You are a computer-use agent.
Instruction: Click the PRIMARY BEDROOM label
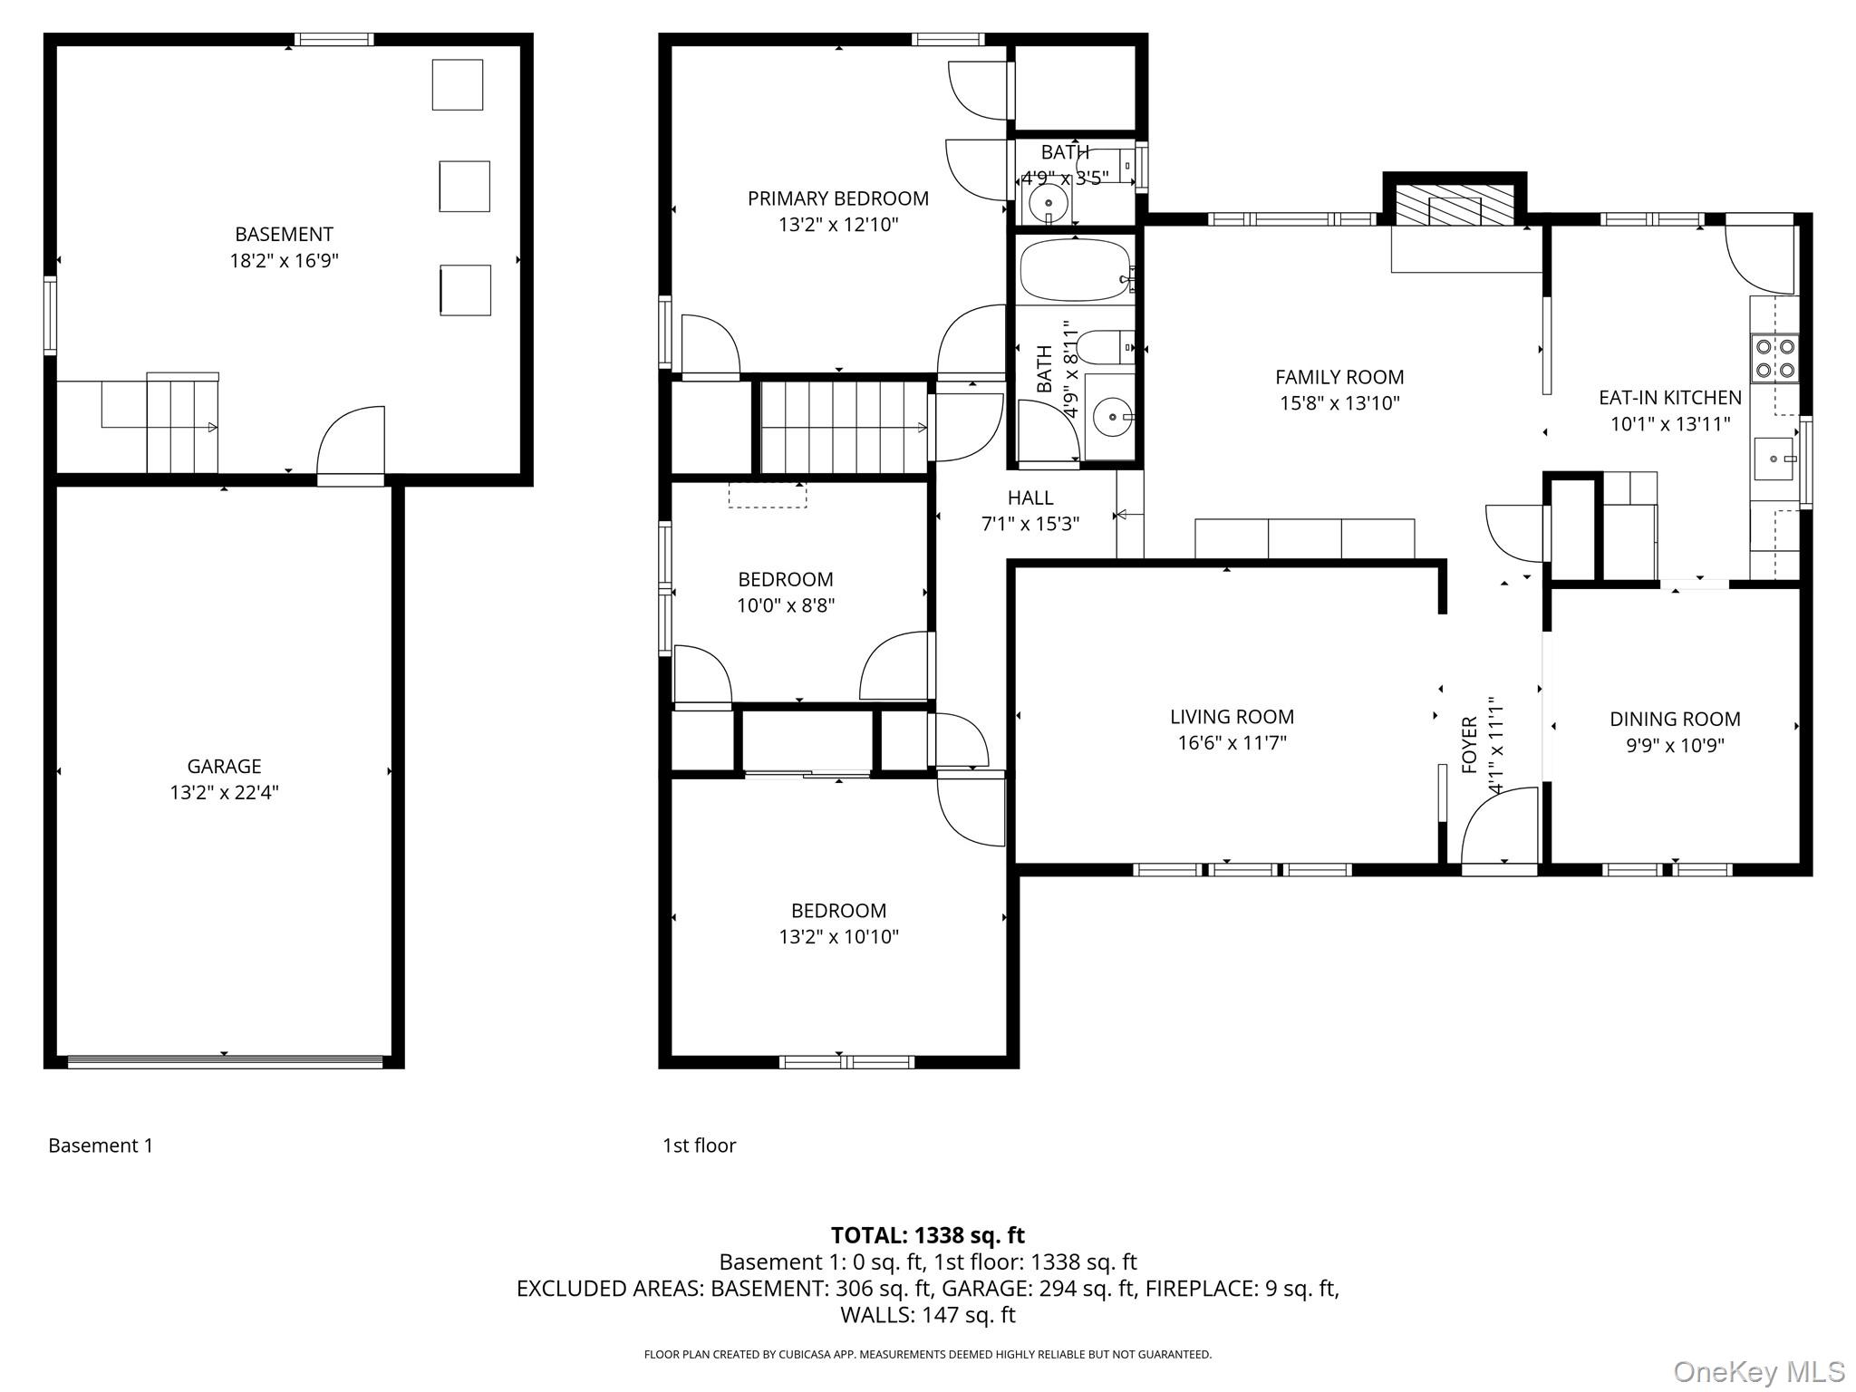pyautogui.click(x=837, y=198)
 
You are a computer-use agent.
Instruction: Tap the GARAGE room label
pyautogui.click(x=224, y=766)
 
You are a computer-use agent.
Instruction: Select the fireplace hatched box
pyautogui.click(x=1454, y=206)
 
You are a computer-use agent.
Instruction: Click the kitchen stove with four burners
pyautogui.click(x=1774, y=358)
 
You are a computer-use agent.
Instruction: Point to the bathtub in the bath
pyautogui.click(x=1074, y=270)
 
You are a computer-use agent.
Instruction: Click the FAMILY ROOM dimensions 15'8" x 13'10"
pyautogui.click(x=1339, y=403)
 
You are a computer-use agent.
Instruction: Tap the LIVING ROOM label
pyautogui.click(x=1232, y=717)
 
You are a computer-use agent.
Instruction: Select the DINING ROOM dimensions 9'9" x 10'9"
pyautogui.click(x=1674, y=746)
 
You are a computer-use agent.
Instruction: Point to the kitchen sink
pyautogui.click(x=1774, y=459)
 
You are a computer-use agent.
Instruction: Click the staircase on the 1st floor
pyautogui.click(x=844, y=427)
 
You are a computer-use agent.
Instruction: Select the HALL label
pyautogui.click(x=1030, y=498)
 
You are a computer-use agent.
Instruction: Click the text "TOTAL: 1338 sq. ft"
pyautogui.click(x=928, y=1235)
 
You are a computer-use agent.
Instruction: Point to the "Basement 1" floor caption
pyautogui.click(x=101, y=1145)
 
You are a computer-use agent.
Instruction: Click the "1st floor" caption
pyautogui.click(x=699, y=1145)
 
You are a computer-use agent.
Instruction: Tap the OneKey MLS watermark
pyautogui.click(x=1758, y=1371)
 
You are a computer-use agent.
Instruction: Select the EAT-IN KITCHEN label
pyautogui.click(x=1669, y=397)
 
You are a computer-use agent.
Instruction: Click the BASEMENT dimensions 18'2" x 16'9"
pyautogui.click(x=284, y=261)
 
